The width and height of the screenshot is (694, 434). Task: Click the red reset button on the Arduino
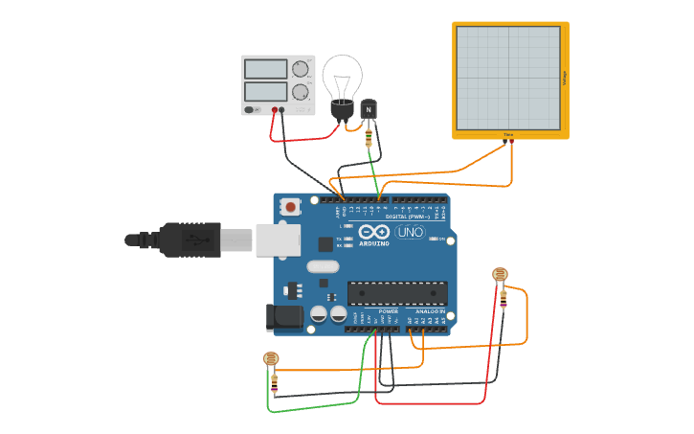click(290, 206)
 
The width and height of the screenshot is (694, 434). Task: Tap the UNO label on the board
click(410, 232)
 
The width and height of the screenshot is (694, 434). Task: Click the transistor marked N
click(369, 110)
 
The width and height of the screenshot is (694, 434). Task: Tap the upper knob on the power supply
click(301, 69)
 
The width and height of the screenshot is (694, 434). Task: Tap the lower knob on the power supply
click(301, 92)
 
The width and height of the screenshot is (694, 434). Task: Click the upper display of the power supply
click(265, 69)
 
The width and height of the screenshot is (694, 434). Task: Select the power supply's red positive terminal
click(274, 110)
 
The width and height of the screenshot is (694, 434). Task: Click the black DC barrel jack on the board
click(283, 317)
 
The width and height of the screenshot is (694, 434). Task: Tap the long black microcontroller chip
click(397, 292)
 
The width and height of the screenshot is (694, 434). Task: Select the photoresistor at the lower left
click(272, 359)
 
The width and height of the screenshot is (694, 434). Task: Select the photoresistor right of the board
click(501, 274)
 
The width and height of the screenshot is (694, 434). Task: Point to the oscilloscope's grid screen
click(507, 78)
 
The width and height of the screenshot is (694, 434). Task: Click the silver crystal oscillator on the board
click(323, 266)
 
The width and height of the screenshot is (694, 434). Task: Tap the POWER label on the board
click(388, 311)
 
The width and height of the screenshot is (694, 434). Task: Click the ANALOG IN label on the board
click(431, 311)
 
